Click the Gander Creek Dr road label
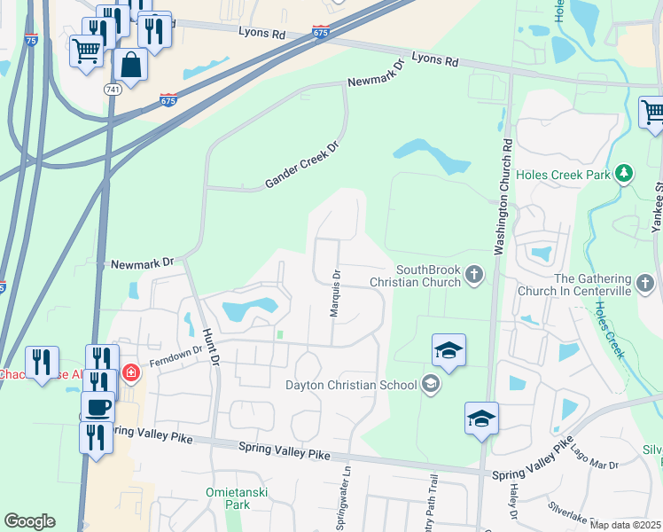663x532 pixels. (303, 168)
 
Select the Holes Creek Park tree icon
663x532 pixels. (625, 174)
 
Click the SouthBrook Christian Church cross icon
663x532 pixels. (474, 275)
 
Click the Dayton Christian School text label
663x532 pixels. (350, 385)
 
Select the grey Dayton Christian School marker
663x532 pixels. (431, 384)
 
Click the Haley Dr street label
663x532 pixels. (513, 501)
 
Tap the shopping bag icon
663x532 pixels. (130, 66)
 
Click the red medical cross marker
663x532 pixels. (130, 372)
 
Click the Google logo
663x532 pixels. (29, 521)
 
